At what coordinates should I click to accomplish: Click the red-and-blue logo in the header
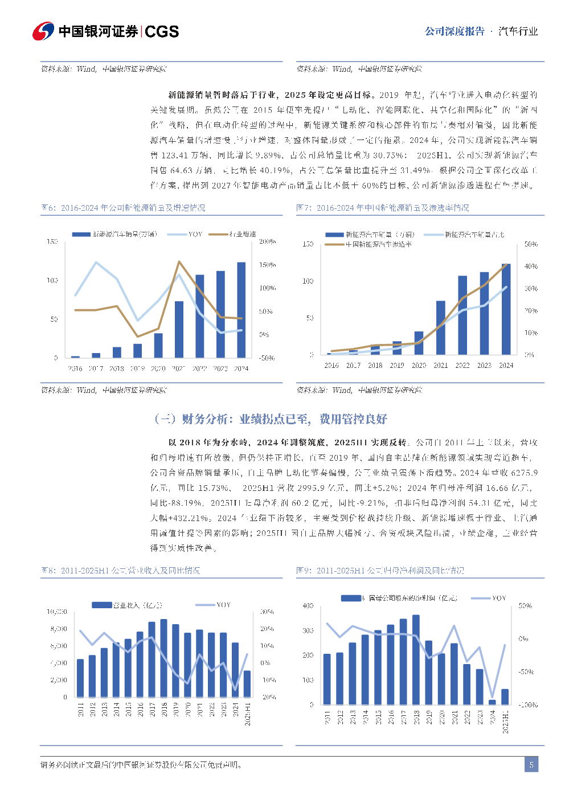[x=43, y=31]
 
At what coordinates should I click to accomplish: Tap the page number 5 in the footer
[x=531, y=764]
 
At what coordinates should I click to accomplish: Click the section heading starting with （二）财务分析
[x=271, y=419]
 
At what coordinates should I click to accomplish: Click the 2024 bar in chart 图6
[x=241, y=310]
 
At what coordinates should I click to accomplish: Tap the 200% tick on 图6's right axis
[x=267, y=241]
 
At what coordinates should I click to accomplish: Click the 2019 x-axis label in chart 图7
[x=397, y=366]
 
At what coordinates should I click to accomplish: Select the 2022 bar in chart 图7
[x=462, y=315]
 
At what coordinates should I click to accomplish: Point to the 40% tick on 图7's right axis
[x=530, y=266]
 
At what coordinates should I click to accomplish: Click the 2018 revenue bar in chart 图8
[x=164, y=658]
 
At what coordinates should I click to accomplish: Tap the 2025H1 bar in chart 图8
[x=247, y=683]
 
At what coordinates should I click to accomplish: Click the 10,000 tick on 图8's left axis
[x=57, y=612]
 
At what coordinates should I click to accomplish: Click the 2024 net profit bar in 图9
[x=492, y=702]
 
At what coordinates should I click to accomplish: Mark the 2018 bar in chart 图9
[x=416, y=659]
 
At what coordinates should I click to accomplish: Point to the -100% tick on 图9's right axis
[x=528, y=705]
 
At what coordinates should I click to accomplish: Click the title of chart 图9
[x=380, y=570]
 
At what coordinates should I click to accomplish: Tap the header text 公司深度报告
[x=455, y=31]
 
